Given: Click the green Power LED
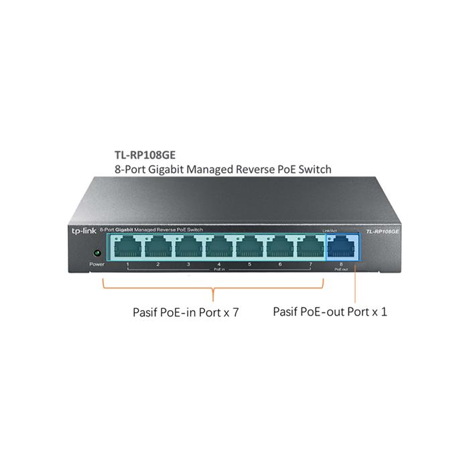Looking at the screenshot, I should coord(97,253).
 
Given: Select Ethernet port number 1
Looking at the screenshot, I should coord(127,246).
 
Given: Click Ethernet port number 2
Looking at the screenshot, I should coord(158,246).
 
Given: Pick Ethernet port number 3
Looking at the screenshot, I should coord(188,246).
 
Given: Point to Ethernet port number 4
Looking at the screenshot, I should coord(219,246).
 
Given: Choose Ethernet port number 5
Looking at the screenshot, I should coord(249,246).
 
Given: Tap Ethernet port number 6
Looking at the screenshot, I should coord(280,246).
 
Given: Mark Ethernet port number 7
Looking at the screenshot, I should coord(310,246).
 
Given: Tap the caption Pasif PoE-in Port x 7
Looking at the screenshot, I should coord(186,312).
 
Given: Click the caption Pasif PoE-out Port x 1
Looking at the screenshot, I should coord(330,312).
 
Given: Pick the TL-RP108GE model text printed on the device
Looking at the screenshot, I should coord(383,230).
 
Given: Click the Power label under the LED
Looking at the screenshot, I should coord(97,265).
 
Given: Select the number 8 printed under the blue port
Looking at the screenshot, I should coord(341,265).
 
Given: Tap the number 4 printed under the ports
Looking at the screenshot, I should coord(219,265).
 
